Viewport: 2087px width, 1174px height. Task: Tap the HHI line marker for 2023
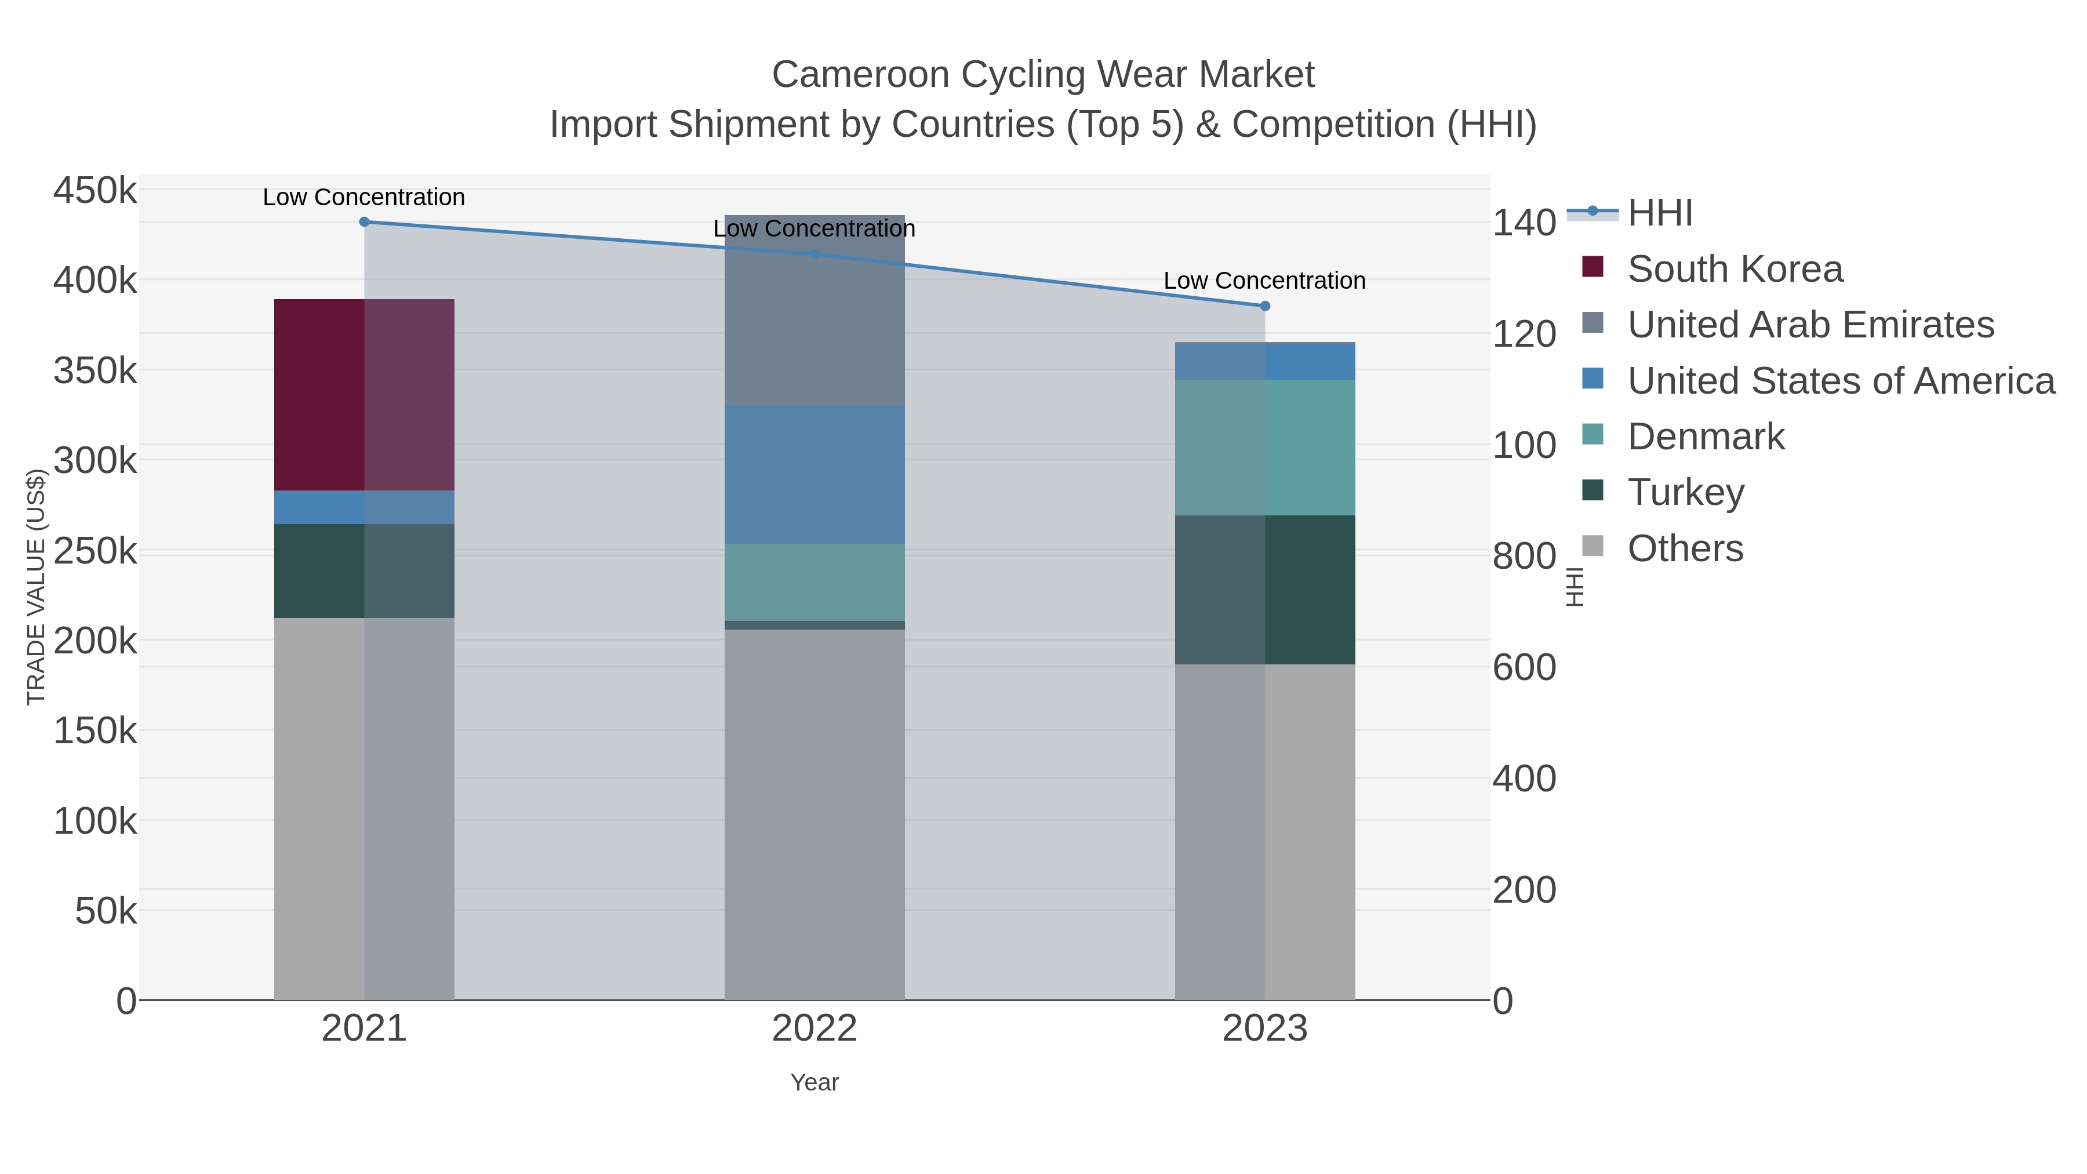pos(1265,306)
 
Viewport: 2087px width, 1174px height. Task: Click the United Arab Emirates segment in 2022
pos(815,310)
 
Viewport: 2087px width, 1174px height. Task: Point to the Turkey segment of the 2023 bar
pos(1265,590)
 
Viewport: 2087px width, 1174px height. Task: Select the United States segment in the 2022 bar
pos(815,475)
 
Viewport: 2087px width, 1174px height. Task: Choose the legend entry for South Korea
pos(1734,269)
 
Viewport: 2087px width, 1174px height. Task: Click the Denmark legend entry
pos(1706,437)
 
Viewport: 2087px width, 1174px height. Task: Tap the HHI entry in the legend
pos(1659,213)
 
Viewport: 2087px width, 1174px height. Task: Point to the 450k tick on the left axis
pos(95,191)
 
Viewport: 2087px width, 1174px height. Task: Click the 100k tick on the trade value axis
pos(95,821)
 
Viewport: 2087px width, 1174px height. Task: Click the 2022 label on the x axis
pos(815,1029)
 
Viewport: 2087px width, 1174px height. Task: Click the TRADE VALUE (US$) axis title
pos(37,587)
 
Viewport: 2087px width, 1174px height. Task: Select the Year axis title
pos(815,1082)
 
